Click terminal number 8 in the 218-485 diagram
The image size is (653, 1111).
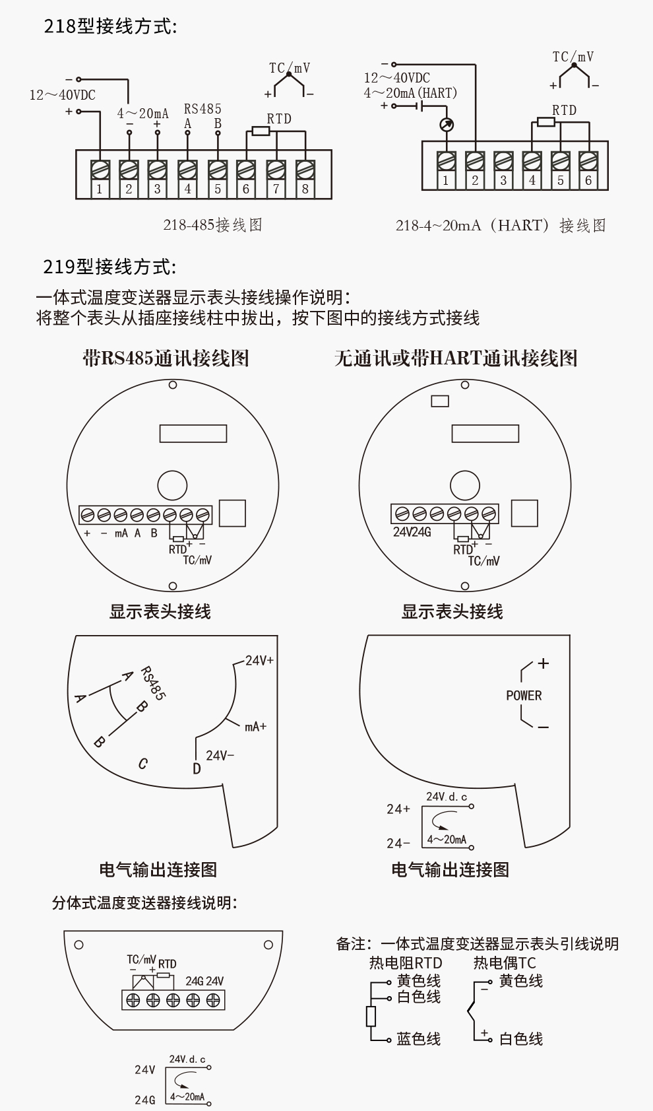click(305, 189)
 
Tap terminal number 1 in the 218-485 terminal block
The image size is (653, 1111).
click(100, 189)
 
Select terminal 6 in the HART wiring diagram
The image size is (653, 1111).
click(588, 180)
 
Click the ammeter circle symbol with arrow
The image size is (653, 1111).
click(447, 125)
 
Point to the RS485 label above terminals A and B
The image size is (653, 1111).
click(202, 109)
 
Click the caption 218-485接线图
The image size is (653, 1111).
click(212, 225)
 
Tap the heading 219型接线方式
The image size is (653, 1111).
click(109, 267)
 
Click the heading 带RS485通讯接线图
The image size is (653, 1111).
click(166, 358)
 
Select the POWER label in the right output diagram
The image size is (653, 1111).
click(524, 695)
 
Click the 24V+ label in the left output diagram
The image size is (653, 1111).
click(259, 660)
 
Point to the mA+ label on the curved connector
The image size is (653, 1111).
click(255, 726)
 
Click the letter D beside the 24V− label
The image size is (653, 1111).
click(197, 768)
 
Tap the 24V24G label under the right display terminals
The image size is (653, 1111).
click(412, 532)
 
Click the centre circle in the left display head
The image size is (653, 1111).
click(172, 485)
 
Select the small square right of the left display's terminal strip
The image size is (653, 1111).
click(232, 513)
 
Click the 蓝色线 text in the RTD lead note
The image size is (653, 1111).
click(418, 1039)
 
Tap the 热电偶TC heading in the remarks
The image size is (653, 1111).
click(505, 963)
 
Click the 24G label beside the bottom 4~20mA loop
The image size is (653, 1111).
click(145, 1100)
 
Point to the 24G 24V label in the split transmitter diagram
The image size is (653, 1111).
click(204, 981)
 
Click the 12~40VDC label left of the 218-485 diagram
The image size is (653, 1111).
click(62, 95)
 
